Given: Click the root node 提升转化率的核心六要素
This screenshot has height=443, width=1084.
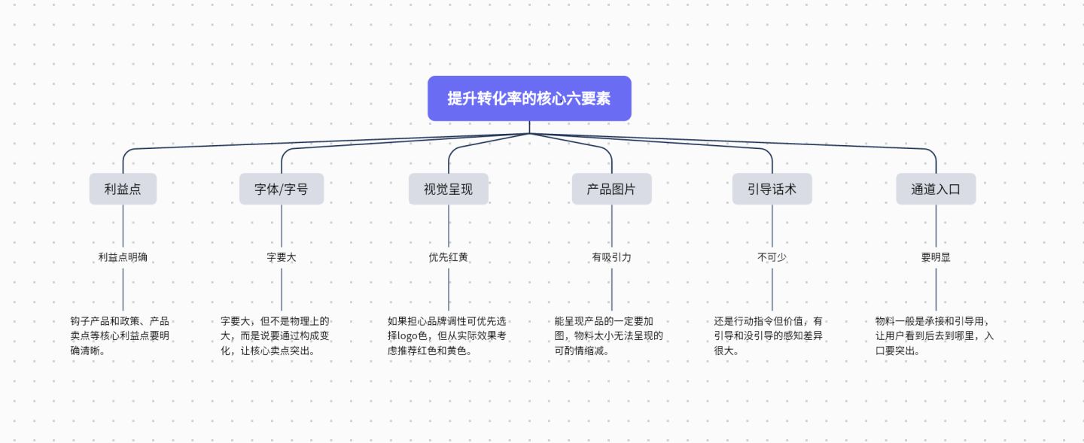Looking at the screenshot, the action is point(529,99).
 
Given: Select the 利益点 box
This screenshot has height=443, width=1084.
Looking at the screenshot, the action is point(123,189).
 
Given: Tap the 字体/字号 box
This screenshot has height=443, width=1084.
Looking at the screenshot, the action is point(282,189).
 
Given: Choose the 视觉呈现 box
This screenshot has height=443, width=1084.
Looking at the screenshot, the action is point(449,189).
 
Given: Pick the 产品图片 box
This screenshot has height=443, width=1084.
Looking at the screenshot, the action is point(612,189).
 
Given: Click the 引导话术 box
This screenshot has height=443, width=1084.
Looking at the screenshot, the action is point(772,189).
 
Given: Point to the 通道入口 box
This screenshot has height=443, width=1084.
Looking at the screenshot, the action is point(936,189).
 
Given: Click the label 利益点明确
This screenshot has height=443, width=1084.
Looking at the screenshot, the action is point(123,257).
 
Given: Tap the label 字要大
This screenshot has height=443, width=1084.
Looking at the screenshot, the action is point(282,257).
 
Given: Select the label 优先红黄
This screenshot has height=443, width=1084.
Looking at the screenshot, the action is point(449,257).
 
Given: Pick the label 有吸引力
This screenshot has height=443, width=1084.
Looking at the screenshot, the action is point(612,257).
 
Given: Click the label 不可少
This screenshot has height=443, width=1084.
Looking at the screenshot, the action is point(772,257).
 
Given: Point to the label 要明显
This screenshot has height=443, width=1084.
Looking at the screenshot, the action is point(936,257).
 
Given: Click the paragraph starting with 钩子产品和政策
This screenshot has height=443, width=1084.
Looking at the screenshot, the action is point(120,335).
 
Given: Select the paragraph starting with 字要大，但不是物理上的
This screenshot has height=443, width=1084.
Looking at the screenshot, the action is point(275,335).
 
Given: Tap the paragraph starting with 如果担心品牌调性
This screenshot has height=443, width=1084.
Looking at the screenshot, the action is point(446,335).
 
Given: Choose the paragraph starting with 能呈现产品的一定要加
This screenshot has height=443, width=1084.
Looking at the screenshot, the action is point(609,335).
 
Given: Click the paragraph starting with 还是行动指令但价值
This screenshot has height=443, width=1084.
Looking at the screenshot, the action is point(769,335).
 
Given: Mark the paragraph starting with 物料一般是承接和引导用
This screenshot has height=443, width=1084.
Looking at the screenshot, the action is point(934,335).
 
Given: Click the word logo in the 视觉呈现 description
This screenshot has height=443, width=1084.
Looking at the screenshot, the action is point(408,336).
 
